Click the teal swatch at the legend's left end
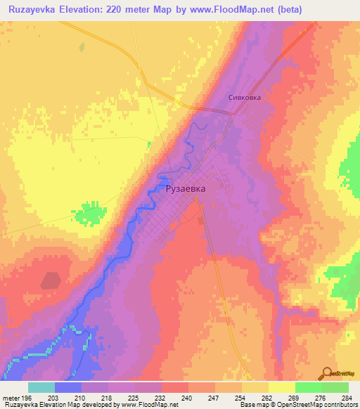tap(41, 387)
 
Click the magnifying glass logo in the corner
tap(326, 372)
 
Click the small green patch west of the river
tap(90, 212)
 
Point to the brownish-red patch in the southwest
tap(51, 280)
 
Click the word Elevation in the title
tap(93, 10)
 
